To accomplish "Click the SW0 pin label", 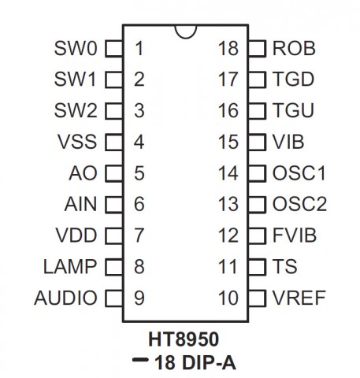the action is [x=76, y=48].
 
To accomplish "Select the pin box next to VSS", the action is [x=113, y=142].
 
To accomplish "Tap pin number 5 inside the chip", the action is [x=139, y=173].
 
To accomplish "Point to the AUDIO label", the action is [x=65, y=298].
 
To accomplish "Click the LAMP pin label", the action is [x=70, y=267].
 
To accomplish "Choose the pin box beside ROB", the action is [x=257, y=49].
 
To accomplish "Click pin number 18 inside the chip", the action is [x=228, y=49].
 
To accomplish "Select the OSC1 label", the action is [x=299, y=173].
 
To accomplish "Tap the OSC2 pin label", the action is [x=299, y=204].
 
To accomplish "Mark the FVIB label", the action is [x=295, y=235].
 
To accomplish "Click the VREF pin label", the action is [x=299, y=298].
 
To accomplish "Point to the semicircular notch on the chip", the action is [x=186, y=38].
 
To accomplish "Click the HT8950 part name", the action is [x=184, y=339].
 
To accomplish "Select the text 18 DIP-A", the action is [x=195, y=363].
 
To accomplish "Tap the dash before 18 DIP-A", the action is [x=140, y=360].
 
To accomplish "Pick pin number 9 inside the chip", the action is [x=139, y=298].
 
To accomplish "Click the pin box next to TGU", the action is [x=257, y=111].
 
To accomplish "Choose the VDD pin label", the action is [x=76, y=235].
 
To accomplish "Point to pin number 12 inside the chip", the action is [x=228, y=235].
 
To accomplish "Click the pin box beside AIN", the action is [x=113, y=205].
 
